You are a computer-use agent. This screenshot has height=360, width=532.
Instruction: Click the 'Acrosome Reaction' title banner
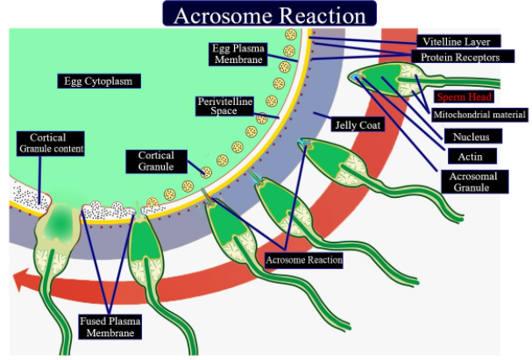(269, 14)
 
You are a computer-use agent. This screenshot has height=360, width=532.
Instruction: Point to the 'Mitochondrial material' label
(479, 115)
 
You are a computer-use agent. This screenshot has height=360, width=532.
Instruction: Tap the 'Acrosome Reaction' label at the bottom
(303, 259)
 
